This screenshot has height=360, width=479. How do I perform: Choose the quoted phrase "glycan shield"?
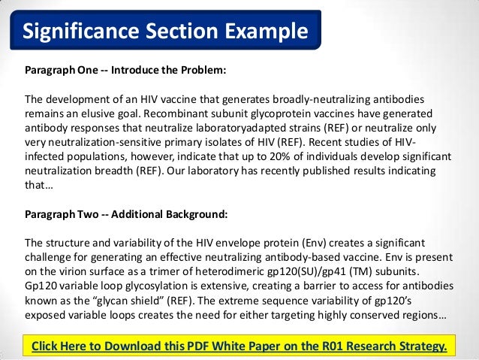[120, 300]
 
